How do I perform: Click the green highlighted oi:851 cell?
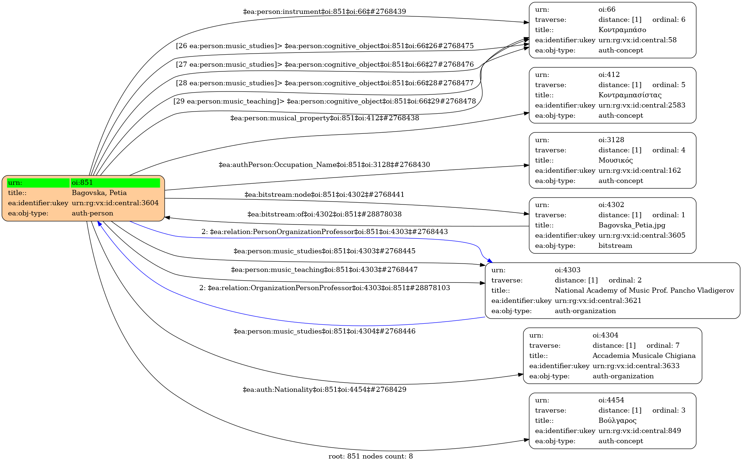tap(115, 183)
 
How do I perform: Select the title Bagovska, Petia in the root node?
tap(99, 193)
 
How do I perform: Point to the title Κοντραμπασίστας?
tap(630, 95)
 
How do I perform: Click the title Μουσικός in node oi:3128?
tap(615, 160)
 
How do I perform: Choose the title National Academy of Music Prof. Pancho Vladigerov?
tap(644, 291)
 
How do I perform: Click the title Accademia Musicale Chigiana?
tap(644, 356)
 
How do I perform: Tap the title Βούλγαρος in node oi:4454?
tap(617, 421)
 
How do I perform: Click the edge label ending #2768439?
tap(324, 12)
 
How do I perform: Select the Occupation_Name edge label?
tap(324, 165)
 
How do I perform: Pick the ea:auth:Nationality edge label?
tap(324, 390)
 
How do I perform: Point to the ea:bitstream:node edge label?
tap(324, 195)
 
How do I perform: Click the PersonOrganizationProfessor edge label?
tap(324, 232)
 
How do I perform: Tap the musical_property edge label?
tap(324, 118)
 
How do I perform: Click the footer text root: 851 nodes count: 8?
tap(370, 456)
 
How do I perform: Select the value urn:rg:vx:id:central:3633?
tap(636, 366)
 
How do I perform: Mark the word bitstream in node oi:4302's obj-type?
tap(615, 246)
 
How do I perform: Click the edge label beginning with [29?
tap(324, 101)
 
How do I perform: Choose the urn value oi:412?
tap(609, 75)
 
